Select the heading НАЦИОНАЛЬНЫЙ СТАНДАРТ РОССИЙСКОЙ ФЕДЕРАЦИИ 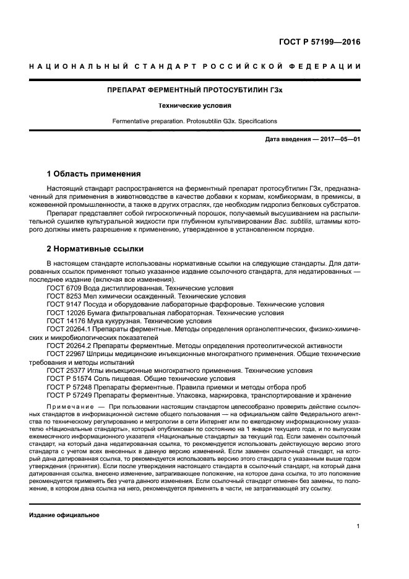click(x=204, y=67)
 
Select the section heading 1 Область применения click(x=94, y=173)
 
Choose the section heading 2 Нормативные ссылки click(x=95, y=249)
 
